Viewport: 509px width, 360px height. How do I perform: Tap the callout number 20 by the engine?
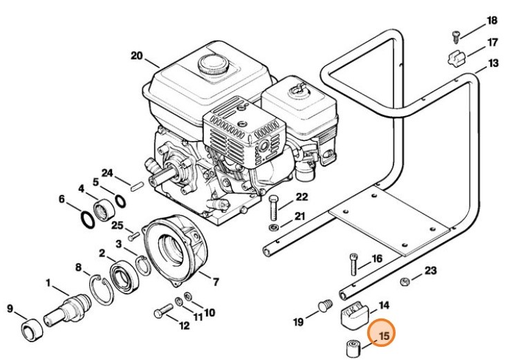[x=136, y=55]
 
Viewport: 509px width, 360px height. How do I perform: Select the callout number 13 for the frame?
[x=492, y=64]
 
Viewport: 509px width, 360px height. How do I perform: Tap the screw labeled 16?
[x=354, y=265]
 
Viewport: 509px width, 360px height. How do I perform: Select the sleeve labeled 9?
[x=30, y=330]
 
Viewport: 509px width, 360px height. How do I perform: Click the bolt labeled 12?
[x=163, y=312]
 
